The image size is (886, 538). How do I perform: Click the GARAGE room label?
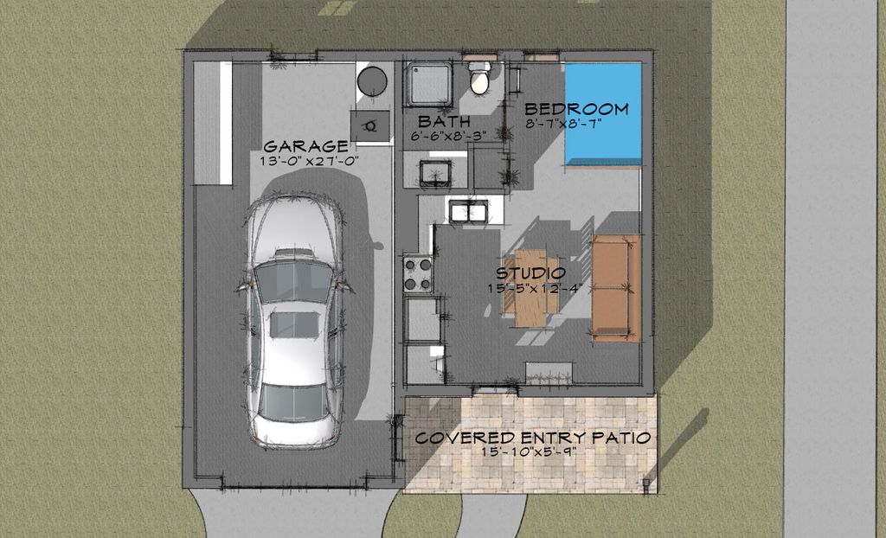pyautogui.click(x=305, y=145)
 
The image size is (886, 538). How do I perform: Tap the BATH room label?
pyautogui.click(x=438, y=120)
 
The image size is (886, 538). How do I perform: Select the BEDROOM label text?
pyautogui.click(x=576, y=110)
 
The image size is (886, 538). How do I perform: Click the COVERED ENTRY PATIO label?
pyautogui.click(x=532, y=438)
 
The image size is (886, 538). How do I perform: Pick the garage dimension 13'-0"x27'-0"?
pyautogui.click(x=309, y=161)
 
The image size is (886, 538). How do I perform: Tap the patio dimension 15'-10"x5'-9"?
pyautogui.click(x=530, y=452)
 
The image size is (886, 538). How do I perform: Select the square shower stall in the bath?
pyautogui.click(x=430, y=83)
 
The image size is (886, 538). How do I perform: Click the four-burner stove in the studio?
pyautogui.click(x=418, y=273)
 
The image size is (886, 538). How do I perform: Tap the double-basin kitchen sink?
pyautogui.click(x=467, y=210)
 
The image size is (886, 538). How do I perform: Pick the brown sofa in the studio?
pyautogui.click(x=616, y=286)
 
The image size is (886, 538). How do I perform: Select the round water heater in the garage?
pyautogui.click(x=372, y=80)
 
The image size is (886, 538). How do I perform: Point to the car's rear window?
pyautogui.click(x=293, y=400)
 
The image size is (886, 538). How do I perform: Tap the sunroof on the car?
pyautogui.click(x=292, y=326)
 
